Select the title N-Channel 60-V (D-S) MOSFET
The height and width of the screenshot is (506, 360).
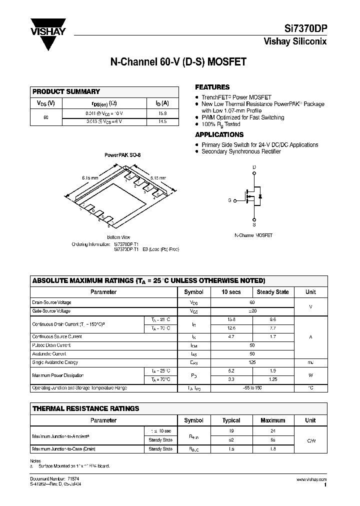click(178, 63)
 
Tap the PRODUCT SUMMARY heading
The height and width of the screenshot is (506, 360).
click(66, 92)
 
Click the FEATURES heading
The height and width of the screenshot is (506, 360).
click(212, 87)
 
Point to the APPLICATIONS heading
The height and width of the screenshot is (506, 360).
click(219, 134)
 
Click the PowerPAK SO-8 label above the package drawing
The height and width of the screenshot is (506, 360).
click(122, 155)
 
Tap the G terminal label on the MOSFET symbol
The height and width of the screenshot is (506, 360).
click(229, 200)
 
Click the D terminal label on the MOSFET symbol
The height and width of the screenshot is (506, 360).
click(254, 167)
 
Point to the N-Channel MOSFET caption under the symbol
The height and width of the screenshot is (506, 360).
click(253, 235)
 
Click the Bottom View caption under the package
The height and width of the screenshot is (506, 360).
click(118, 237)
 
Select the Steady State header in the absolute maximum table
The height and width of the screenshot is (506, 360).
click(272, 292)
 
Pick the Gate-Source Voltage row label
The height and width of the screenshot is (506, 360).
click(51, 311)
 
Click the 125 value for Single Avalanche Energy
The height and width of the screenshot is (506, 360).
click(252, 362)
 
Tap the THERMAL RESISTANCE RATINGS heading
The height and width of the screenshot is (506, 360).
click(85, 408)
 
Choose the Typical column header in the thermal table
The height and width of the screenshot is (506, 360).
click(231, 420)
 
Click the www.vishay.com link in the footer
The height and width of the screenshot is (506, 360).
click(312, 478)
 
